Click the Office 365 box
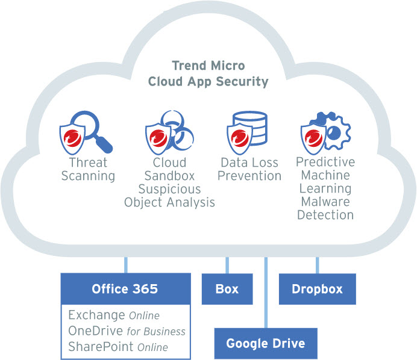point(125,289)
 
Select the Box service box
point(227,289)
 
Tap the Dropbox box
point(317,289)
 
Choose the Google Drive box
point(266,344)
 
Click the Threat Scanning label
point(87,169)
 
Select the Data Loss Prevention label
point(249,169)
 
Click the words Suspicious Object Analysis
point(169,196)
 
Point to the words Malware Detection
point(325,208)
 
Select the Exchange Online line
point(113,315)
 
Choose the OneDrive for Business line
point(127,331)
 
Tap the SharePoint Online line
point(118,347)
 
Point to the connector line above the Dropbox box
point(318,265)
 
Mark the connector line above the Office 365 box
point(125,265)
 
